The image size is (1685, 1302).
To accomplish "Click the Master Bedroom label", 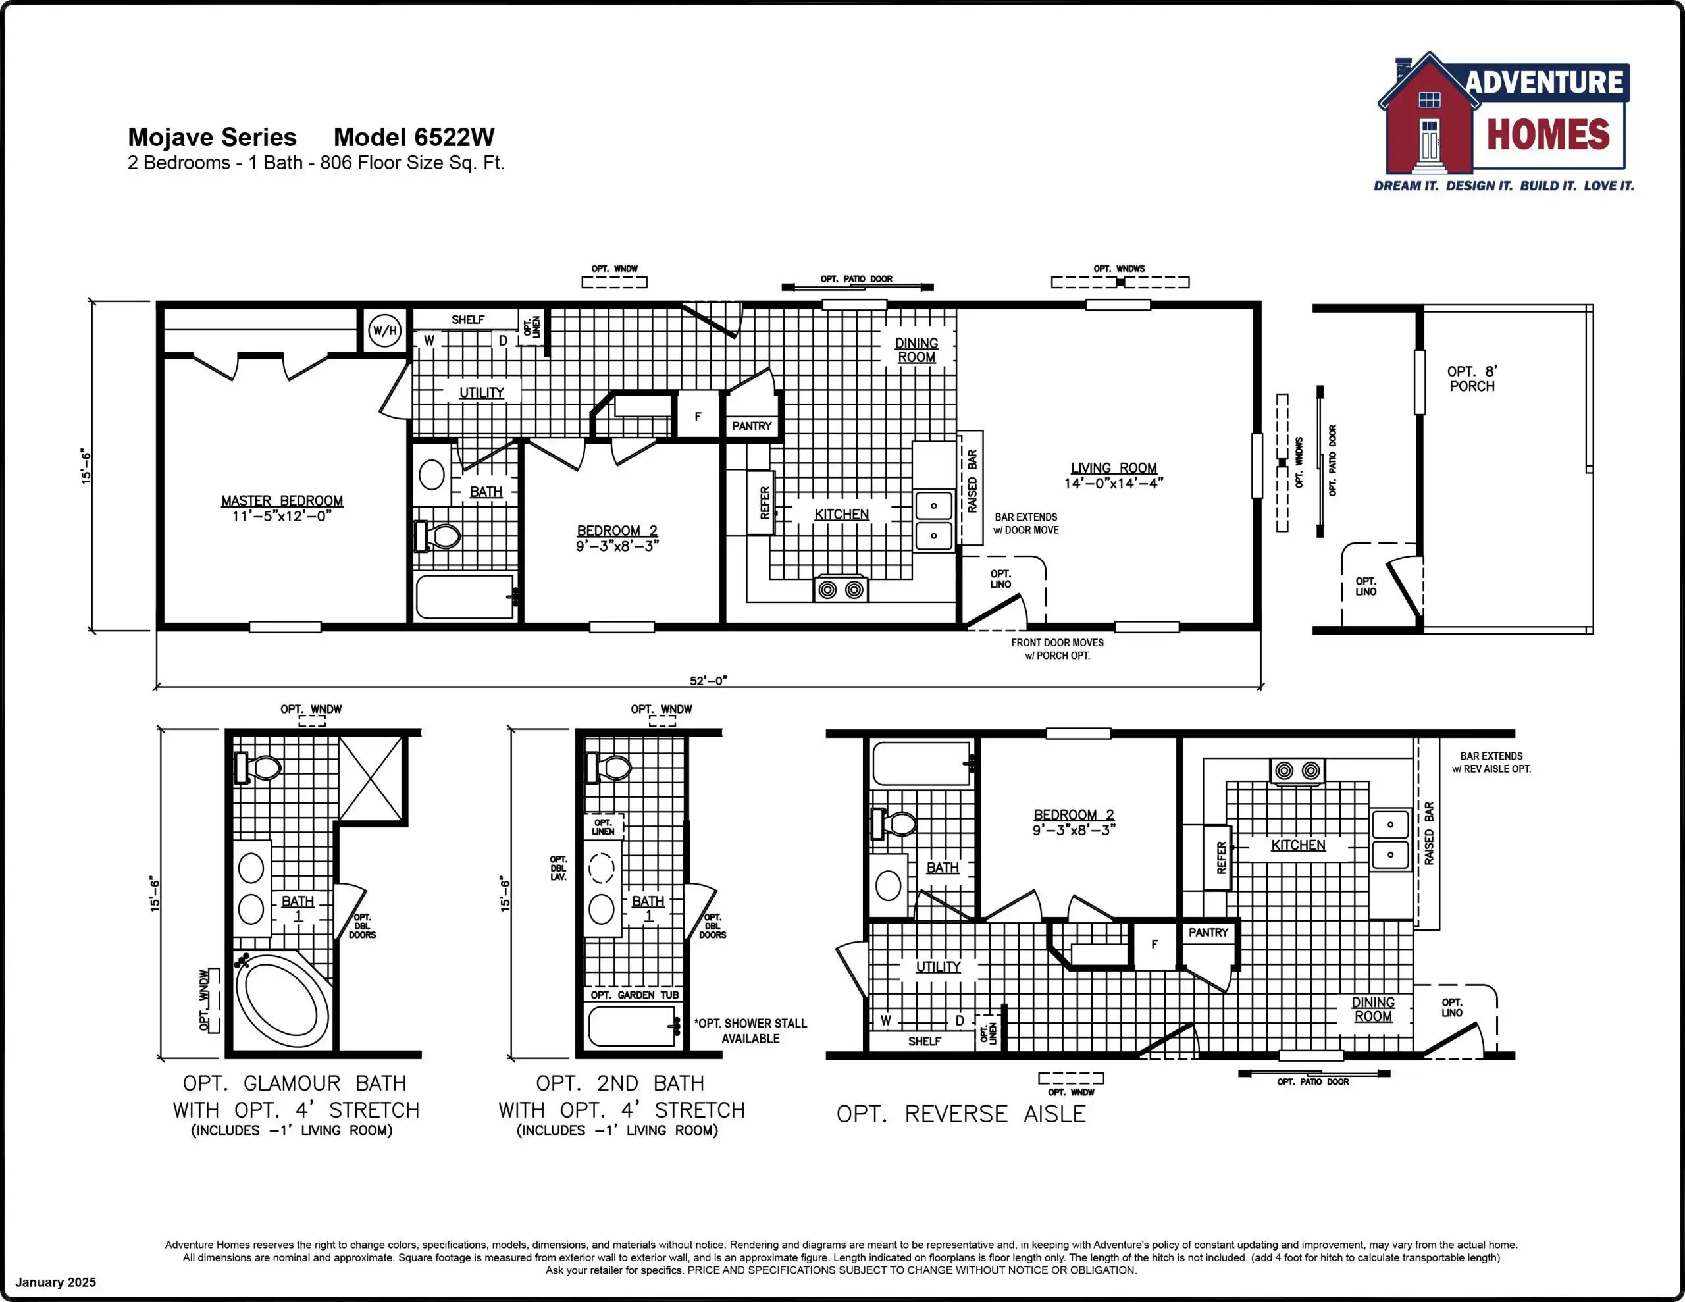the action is pos(282,508).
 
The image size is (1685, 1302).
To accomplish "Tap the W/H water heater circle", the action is pos(385,331).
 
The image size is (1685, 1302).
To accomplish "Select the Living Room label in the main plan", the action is pos(1113,475).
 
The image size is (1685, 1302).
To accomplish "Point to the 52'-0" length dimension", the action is pos(708,681).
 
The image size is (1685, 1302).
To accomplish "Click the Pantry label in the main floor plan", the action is pos(752,426).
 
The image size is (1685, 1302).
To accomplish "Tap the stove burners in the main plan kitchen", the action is pos(841,590).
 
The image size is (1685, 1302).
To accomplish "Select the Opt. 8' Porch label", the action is pos(1471,379).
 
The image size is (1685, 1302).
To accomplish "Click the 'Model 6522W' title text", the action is pos(413,137).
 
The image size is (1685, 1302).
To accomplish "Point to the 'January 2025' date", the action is pos(55,1282).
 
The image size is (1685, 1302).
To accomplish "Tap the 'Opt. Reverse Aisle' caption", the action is pos(962,1114).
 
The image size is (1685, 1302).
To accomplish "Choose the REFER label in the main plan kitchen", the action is pos(765,502).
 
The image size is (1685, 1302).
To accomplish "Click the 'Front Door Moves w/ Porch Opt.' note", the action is pos(1057,649).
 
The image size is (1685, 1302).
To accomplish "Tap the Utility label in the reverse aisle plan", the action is pos(938,966).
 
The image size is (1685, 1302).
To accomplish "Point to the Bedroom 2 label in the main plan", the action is pos(617,538).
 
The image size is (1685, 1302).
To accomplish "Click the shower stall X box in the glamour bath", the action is pos(371,779).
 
